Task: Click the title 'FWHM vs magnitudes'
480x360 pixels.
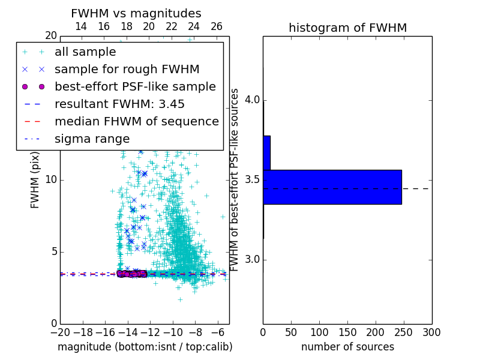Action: pos(136,13)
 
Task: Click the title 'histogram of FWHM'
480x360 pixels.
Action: pos(347,28)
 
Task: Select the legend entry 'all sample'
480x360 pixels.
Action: pos(85,52)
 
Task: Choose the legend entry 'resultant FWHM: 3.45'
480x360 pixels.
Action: pos(119,104)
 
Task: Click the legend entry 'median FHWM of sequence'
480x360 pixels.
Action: pos(136,122)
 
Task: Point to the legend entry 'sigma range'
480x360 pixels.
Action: pos(92,139)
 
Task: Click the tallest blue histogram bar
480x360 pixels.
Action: pos(332,187)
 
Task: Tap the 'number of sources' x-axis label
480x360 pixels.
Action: pos(347,347)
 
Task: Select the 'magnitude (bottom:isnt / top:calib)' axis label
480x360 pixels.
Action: pos(145,347)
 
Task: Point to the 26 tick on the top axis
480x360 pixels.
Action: pos(217,26)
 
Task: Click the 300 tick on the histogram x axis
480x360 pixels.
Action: pos(431,332)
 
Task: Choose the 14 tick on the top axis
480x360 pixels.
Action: pos(81,26)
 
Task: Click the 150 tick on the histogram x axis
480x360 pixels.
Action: pos(347,332)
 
